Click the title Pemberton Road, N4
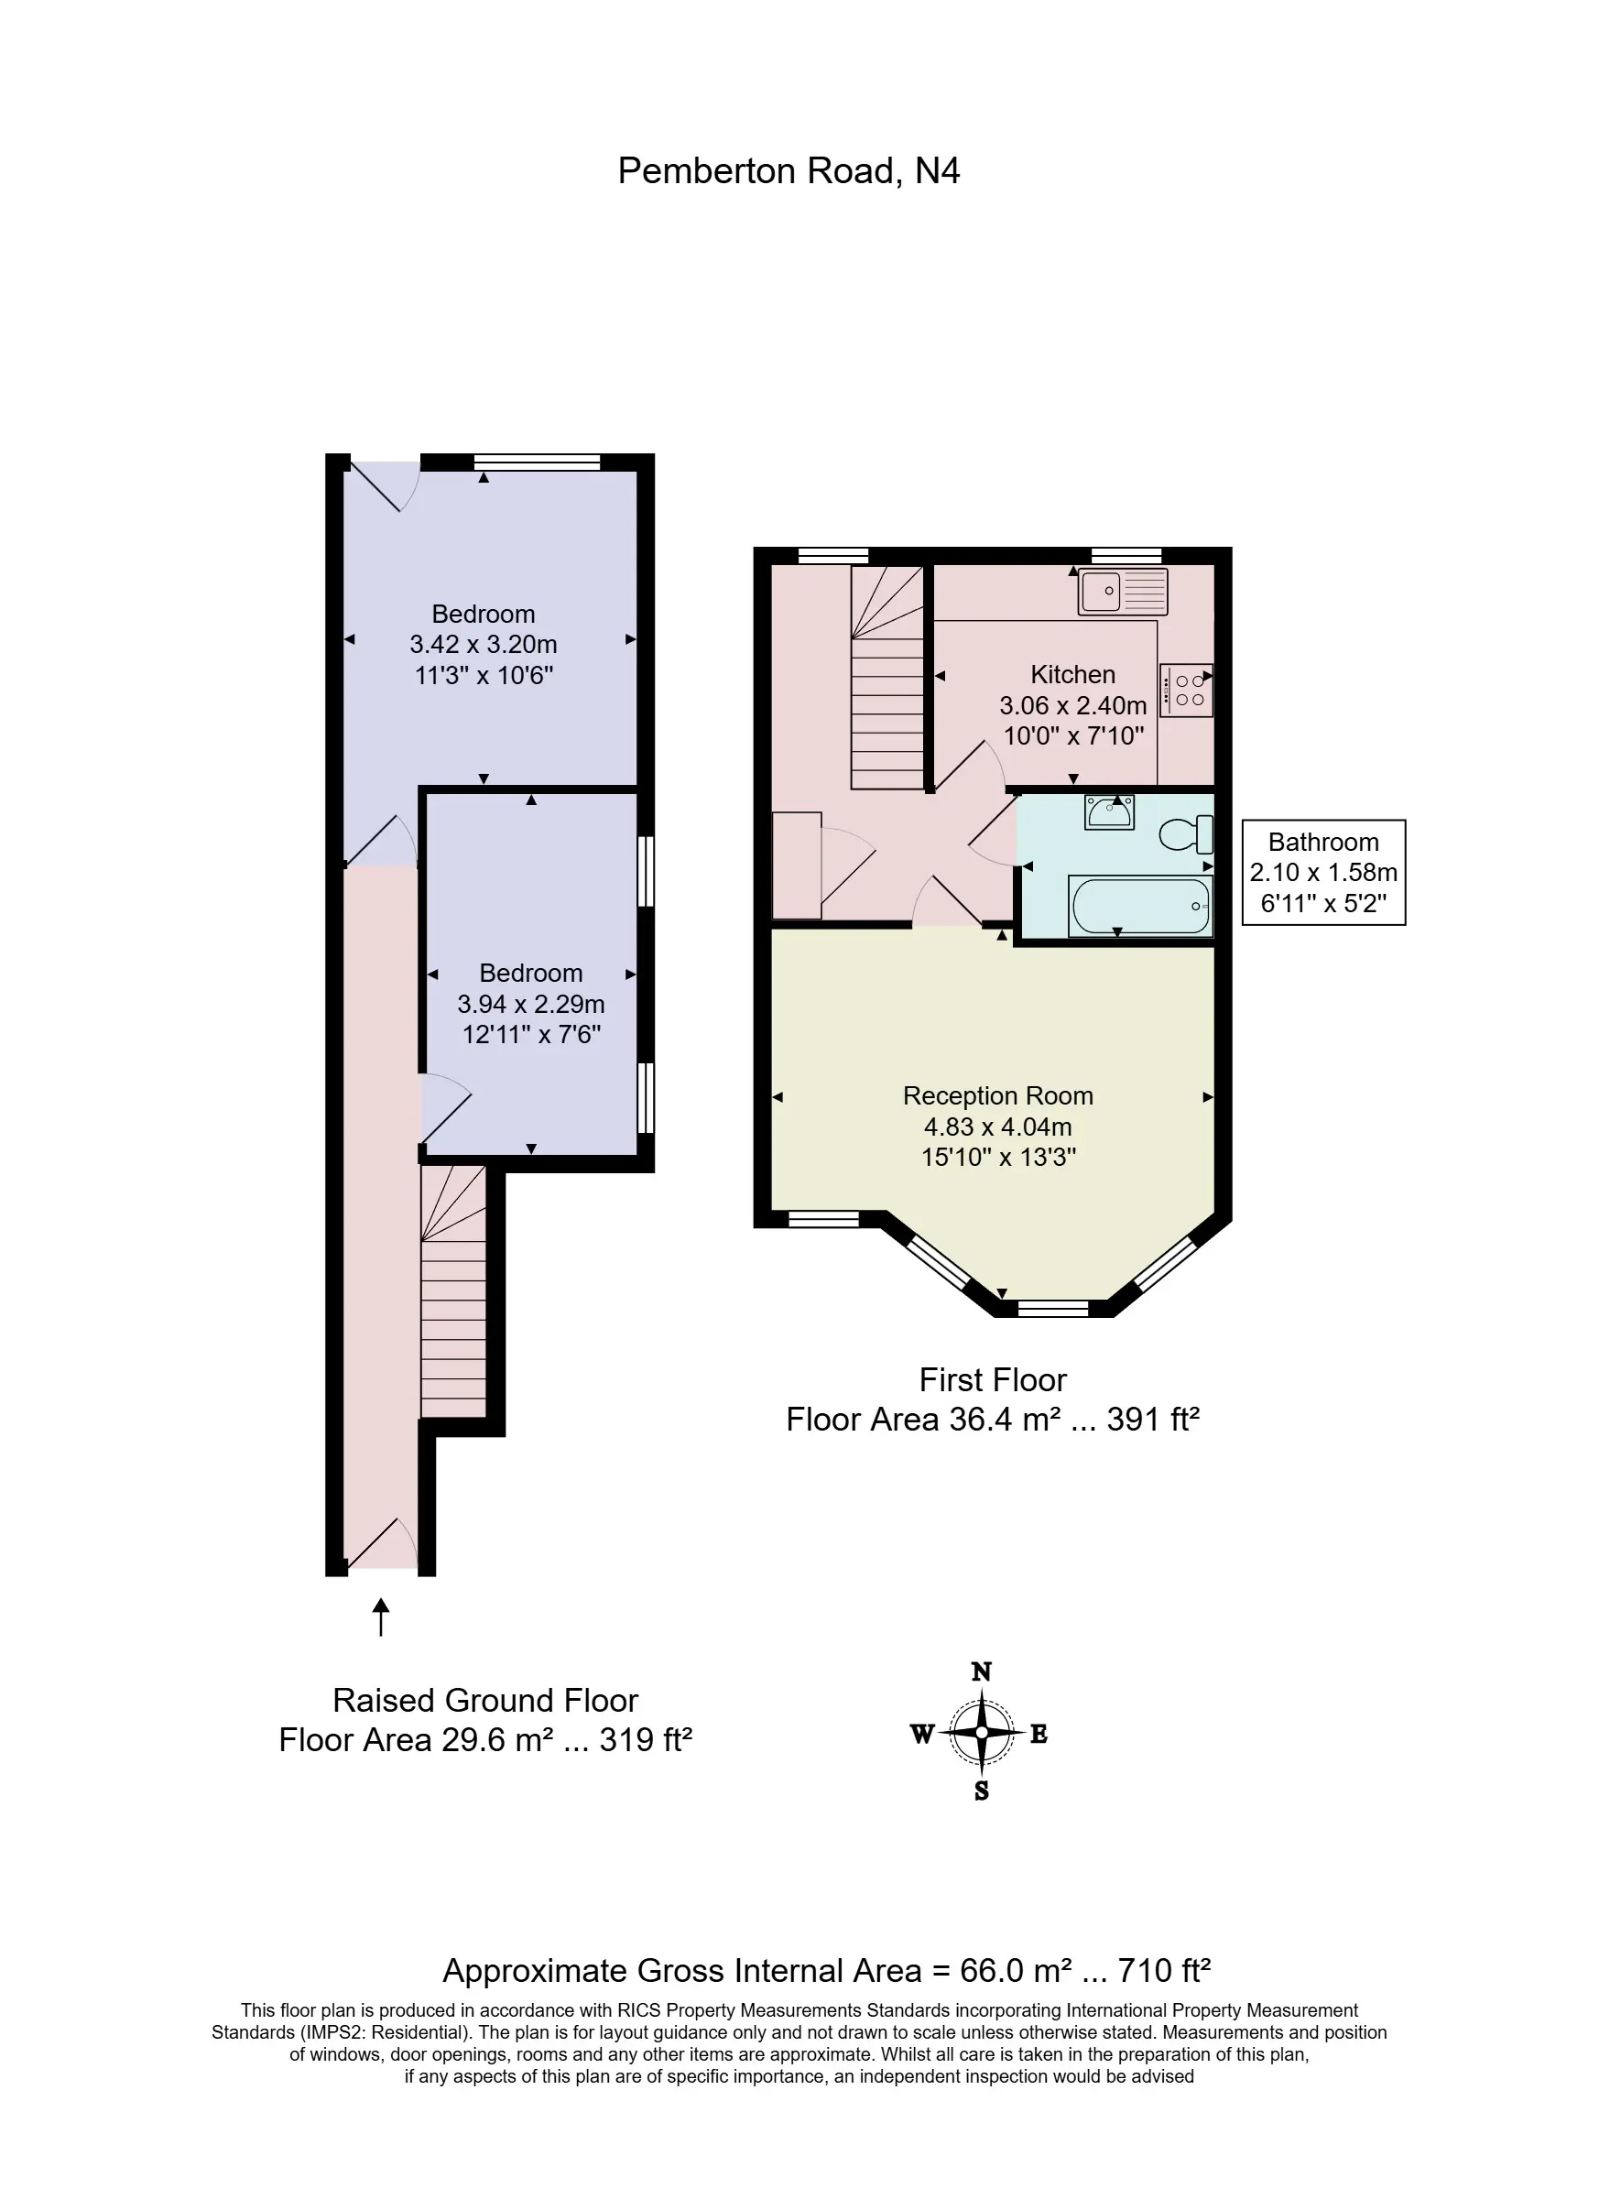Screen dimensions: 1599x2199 (x=789, y=171)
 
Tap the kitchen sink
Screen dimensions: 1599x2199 (x=1123, y=591)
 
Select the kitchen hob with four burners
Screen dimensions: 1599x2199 (x=1187, y=690)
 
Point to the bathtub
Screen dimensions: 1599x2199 (x=1140, y=906)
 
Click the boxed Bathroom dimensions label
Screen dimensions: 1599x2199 (x=1323, y=873)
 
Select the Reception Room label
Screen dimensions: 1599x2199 (x=998, y=1095)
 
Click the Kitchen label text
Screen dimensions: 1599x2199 (x=1072, y=674)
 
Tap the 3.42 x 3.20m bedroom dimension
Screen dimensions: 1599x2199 (x=483, y=645)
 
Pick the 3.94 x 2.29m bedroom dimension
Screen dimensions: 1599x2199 (x=530, y=1004)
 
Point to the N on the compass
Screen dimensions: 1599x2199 (x=982, y=1671)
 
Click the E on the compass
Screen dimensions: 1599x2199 (x=1039, y=1735)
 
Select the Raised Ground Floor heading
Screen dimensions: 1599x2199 (x=484, y=1701)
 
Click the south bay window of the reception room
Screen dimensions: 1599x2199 (x=1053, y=1308)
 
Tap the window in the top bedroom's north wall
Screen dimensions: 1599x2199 (x=538, y=463)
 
